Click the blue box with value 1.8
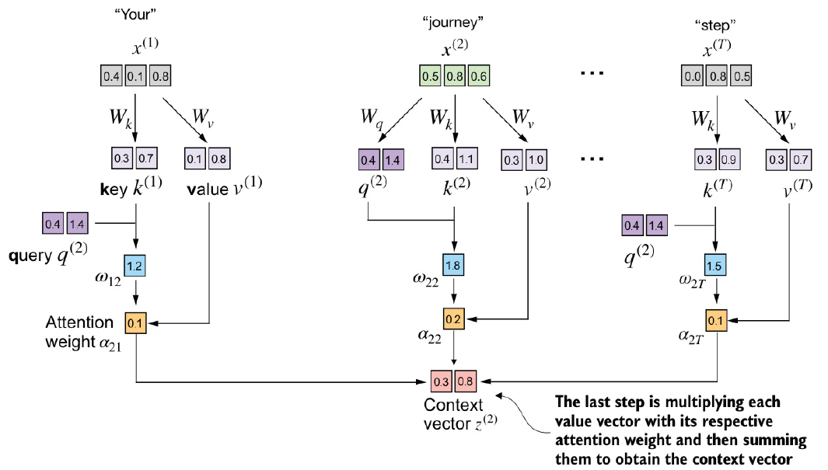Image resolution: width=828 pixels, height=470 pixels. tap(453, 266)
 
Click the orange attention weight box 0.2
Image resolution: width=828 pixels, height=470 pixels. tap(453, 319)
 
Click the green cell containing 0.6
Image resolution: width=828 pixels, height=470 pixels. tap(479, 77)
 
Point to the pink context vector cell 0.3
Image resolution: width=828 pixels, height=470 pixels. tap(441, 381)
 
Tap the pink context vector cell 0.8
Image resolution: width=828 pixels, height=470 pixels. tap(466, 381)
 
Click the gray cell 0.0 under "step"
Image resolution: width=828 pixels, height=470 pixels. tap(692, 77)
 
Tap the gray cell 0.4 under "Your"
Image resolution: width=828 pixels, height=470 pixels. tap(111, 77)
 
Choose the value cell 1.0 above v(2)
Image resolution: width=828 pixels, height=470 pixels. tap(537, 160)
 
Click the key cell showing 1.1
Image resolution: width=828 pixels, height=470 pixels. tap(466, 160)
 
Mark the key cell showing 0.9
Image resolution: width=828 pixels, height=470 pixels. tap(729, 160)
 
